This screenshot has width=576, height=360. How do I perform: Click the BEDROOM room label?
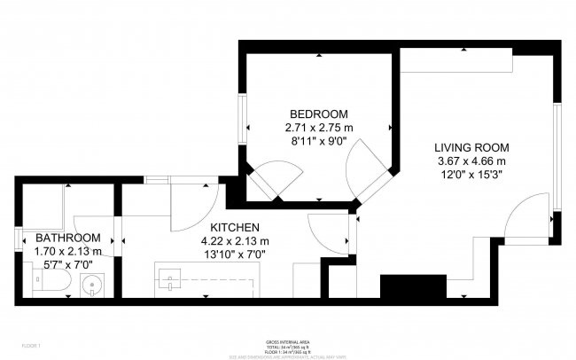click(x=319, y=114)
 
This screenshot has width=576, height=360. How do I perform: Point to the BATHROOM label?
click(x=67, y=238)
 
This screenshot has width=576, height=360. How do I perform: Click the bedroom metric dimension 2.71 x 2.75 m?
click(x=319, y=128)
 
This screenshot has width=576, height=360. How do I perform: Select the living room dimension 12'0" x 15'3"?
click(x=471, y=175)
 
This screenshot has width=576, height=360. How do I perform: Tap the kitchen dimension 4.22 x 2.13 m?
click(x=234, y=241)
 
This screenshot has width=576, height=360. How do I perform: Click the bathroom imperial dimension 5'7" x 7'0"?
click(x=67, y=264)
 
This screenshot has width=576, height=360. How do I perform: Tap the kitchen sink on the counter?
click(x=168, y=282)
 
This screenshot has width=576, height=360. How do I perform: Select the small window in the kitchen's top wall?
click(x=158, y=180)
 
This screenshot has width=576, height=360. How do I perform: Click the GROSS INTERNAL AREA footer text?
click(x=287, y=340)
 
